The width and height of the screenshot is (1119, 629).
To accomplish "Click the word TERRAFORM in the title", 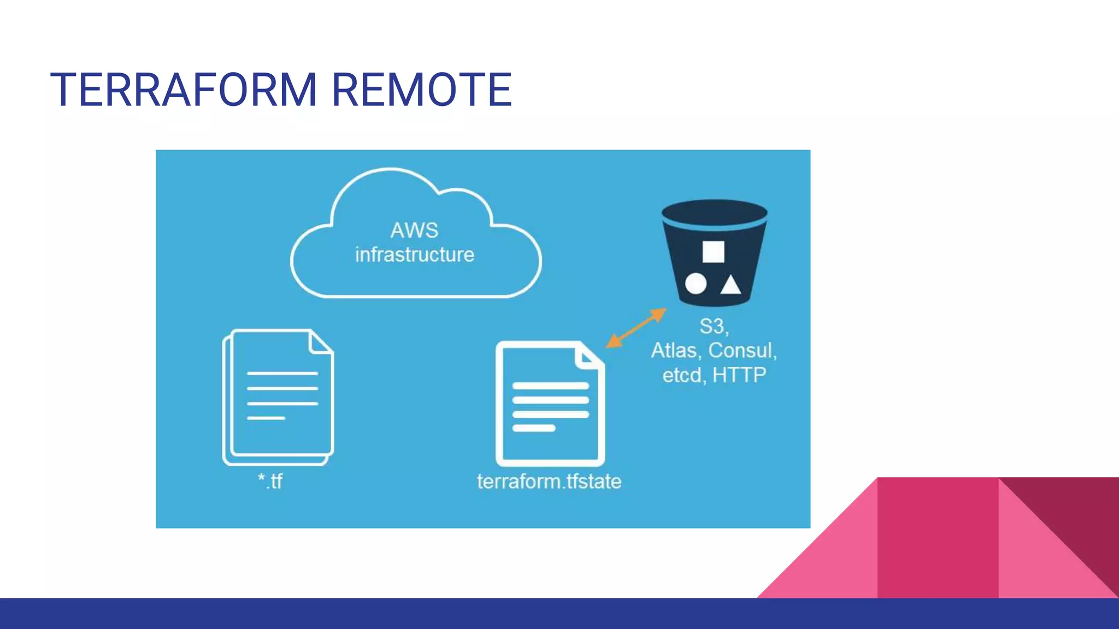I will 184,90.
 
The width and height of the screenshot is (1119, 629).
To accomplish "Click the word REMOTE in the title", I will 421,90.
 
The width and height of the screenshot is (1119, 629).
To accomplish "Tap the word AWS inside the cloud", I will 414,230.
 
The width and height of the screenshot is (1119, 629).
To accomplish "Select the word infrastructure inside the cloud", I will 415,255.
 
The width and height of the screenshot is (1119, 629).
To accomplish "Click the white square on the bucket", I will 713,252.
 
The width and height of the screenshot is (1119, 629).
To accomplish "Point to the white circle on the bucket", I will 696,284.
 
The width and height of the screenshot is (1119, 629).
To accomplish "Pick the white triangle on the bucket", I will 731,285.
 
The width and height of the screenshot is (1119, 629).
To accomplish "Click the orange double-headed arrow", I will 637,328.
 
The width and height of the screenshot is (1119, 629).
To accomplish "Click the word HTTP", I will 739,375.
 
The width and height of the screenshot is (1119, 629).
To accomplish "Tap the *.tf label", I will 270,481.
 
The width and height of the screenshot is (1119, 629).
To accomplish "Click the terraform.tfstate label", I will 549,482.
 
